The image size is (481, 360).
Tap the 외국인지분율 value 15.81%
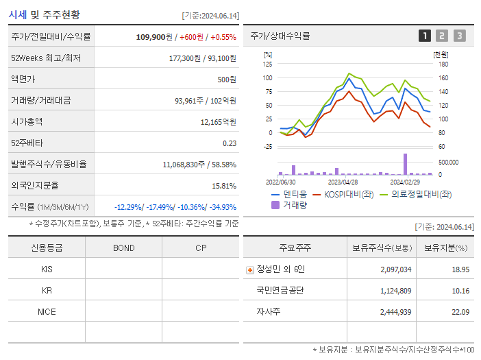pos(224,185)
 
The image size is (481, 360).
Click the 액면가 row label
pos(23,79)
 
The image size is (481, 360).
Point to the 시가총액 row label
pos(27,121)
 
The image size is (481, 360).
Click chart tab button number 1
pos(425,36)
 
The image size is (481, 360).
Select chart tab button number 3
pos(459,36)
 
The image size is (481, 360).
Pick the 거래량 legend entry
pos(294,204)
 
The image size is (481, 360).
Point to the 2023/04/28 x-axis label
pos(343,182)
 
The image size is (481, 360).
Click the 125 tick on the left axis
pos(267,64)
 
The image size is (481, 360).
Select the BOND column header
pos(123,248)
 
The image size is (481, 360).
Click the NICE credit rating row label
pos(47,311)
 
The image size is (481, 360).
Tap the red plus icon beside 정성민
pos(250,269)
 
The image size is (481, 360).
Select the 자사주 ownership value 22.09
pos(460,312)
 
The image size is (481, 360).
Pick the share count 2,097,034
pos(396,269)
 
